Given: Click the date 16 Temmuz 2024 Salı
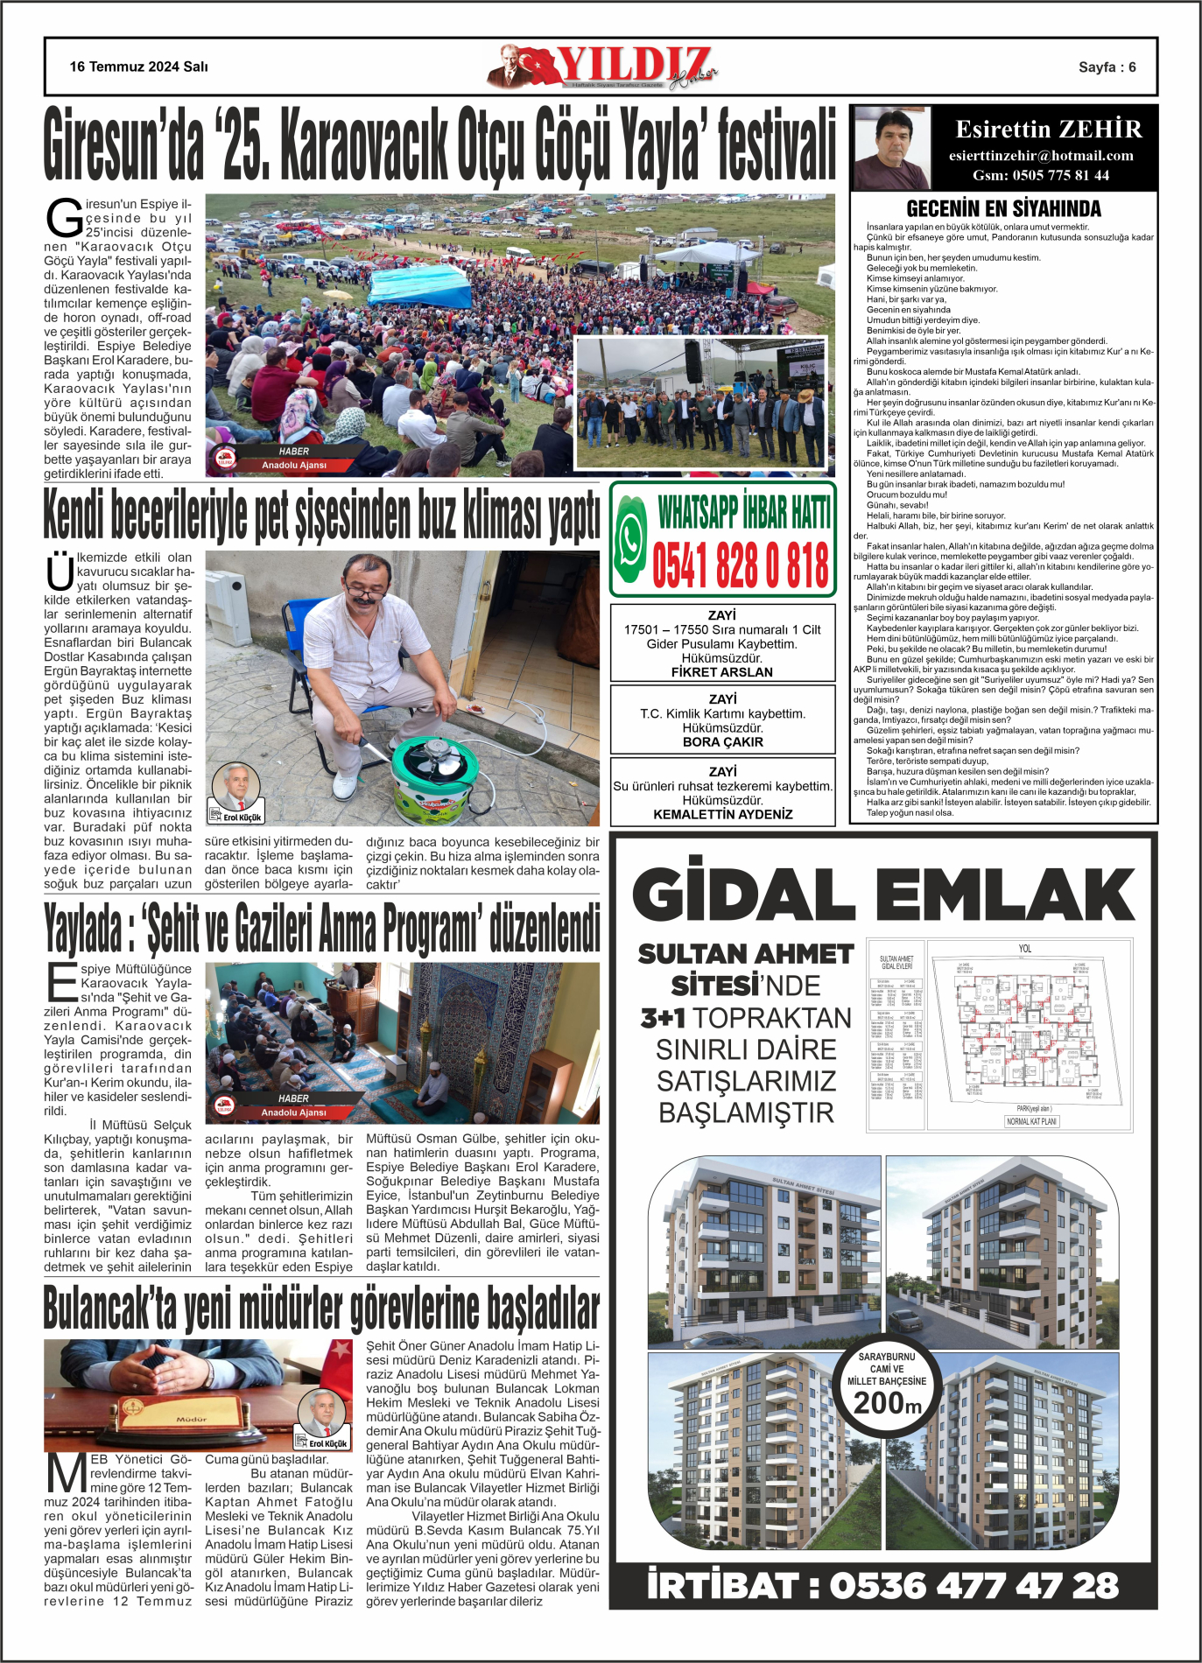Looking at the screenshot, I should (139, 67).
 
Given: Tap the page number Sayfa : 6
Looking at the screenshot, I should (1107, 67).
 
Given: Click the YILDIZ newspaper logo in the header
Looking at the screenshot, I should (604, 67).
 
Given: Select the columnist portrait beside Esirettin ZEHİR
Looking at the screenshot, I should (891, 148).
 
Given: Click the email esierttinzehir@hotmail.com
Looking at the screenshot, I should (1041, 156).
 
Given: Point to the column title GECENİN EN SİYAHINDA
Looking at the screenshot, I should (1003, 208).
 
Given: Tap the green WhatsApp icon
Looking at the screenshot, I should (630, 538).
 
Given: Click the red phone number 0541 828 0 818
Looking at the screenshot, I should (741, 565).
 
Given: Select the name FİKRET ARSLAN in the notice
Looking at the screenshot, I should (722, 672).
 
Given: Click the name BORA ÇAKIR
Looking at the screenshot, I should (722, 742).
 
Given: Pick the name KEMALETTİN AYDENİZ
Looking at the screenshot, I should (722, 814).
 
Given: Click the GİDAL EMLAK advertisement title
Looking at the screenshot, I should (883, 895).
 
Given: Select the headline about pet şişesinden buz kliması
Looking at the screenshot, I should (321, 516).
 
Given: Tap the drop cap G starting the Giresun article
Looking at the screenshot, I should (63, 219).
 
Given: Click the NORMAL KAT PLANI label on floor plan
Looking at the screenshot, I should (1031, 1121).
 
